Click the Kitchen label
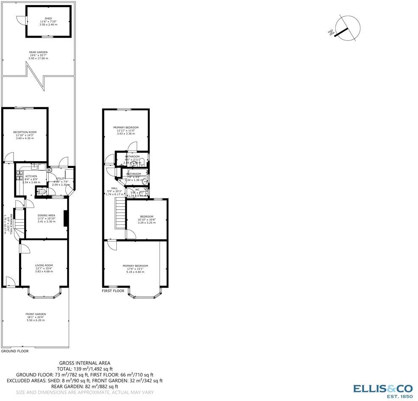click(31, 176)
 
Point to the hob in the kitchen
click(19, 176)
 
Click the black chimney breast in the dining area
click(65, 218)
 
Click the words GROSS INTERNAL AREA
click(84, 363)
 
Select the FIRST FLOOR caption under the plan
click(113, 291)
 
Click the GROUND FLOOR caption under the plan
click(14, 351)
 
